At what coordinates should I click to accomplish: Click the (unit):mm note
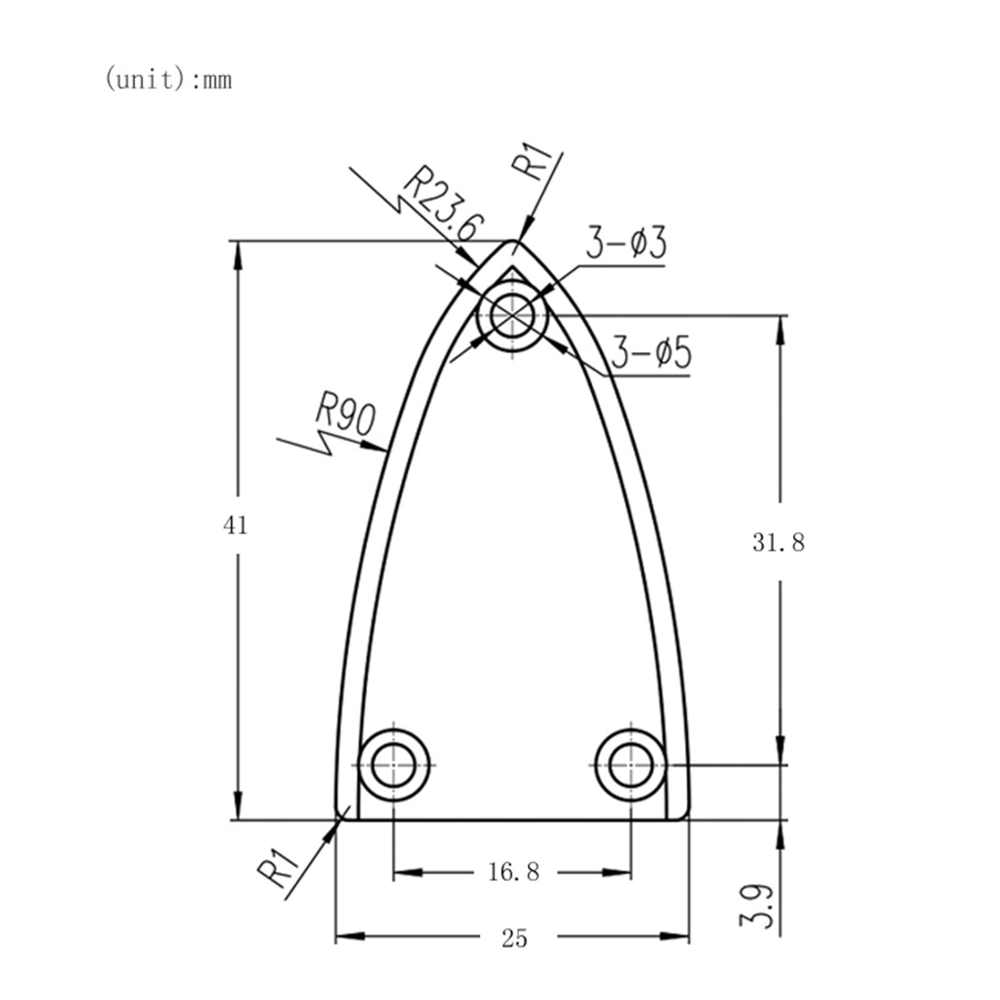click(168, 80)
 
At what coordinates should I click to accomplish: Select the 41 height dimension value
click(235, 526)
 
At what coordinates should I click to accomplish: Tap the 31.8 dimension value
click(778, 542)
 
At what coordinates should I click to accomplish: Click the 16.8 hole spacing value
click(513, 872)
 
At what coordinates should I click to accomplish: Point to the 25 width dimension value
click(514, 938)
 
